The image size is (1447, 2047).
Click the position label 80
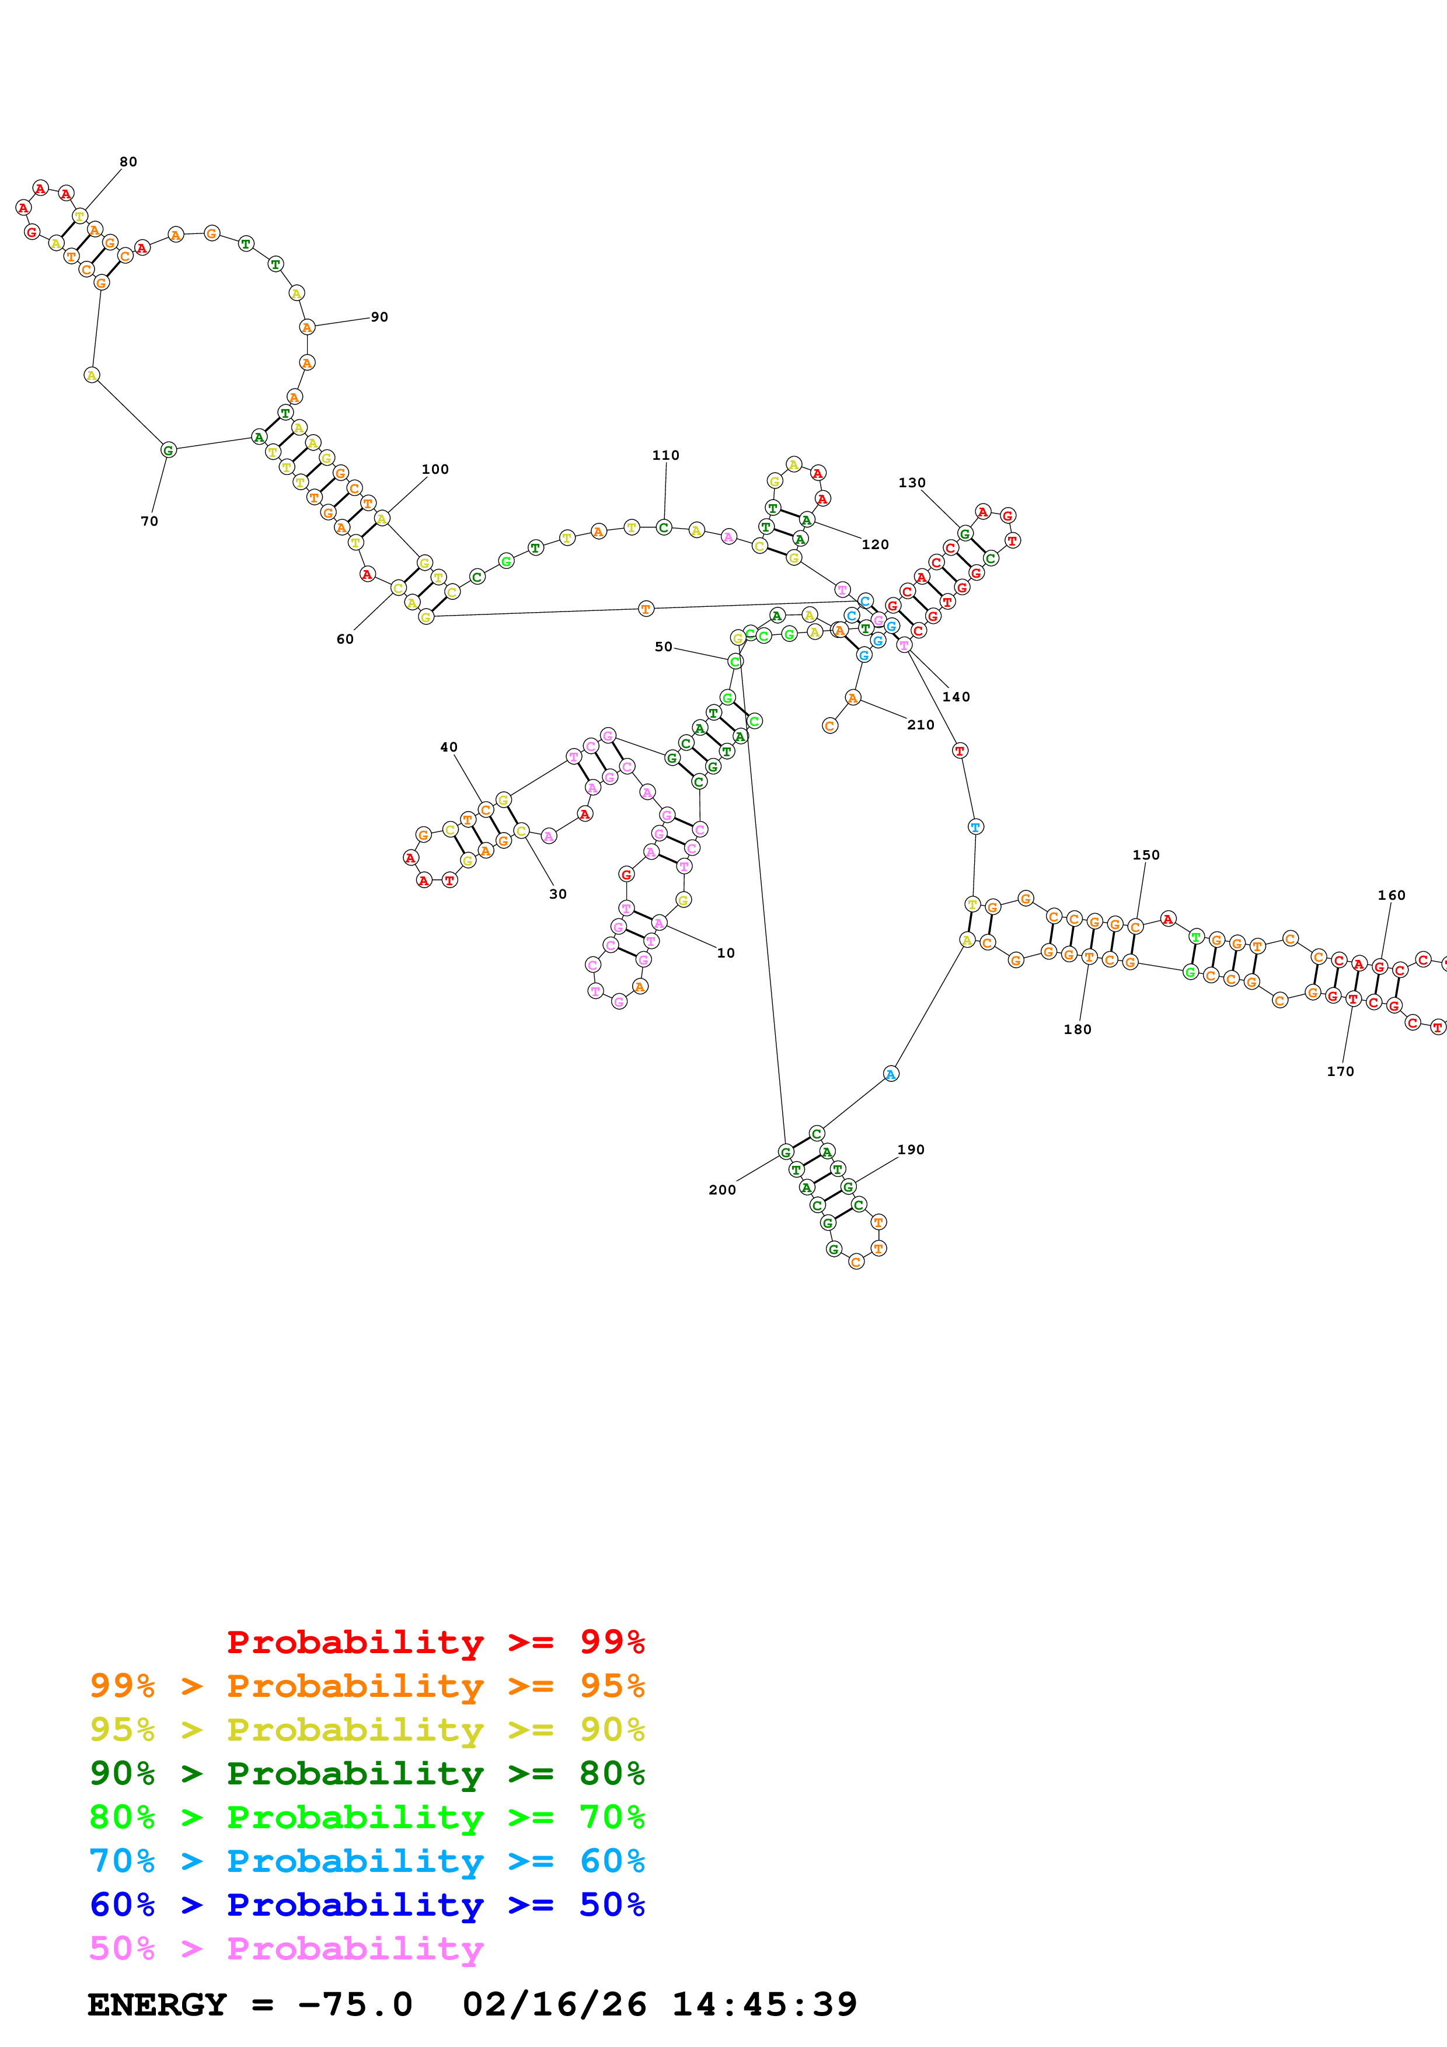(x=128, y=162)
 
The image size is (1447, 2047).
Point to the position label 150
(x=1146, y=855)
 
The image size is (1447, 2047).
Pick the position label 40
(x=448, y=747)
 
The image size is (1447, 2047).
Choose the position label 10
(x=726, y=953)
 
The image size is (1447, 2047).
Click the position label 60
(x=345, y=639)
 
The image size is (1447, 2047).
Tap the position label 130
(x=911, y=483)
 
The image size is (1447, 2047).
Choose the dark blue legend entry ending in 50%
(x=367, y=1905)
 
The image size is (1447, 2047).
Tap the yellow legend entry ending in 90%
(x=367, y=1730)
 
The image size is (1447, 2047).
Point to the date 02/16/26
(x=554, y=2005)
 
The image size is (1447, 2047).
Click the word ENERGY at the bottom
(x=157, y=2005)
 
